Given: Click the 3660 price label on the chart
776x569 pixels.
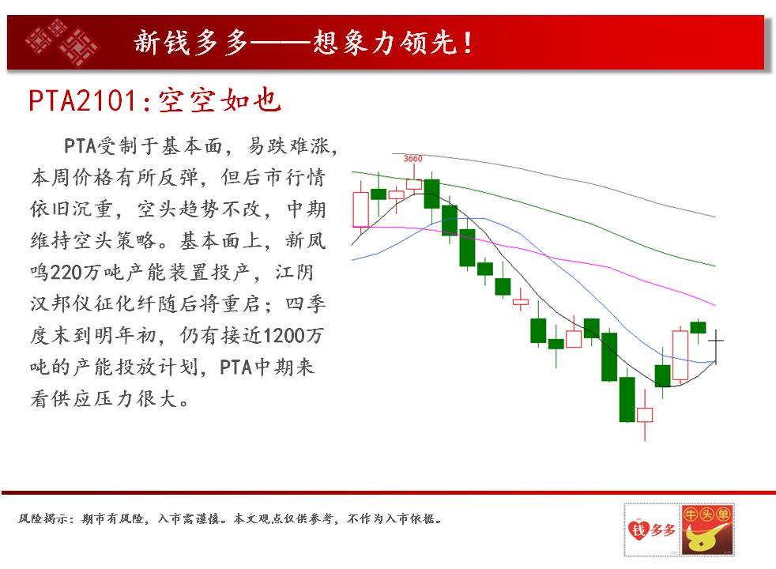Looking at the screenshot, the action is pyautogui.click(x=412, y=158).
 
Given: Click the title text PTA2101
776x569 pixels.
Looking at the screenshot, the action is pyautogui.click(x=82, y=101).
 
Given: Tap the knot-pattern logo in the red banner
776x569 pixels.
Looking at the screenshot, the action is pyautogui.click(x=62, y=42).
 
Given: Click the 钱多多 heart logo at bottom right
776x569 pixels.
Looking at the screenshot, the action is pyautogui.click(x=652, y=530).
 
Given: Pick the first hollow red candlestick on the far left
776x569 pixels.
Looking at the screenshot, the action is pyautogui.click(x=361, y=209).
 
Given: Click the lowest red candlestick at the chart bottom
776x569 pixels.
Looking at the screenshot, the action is pyautogui.click(x=645, y=415).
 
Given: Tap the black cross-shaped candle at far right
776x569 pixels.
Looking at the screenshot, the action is pyautogui.click(x=716, y=341).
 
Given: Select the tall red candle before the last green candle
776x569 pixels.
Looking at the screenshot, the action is pyautogui.click(x=680, y=355).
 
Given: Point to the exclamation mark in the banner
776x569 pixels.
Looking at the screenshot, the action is pyautogui.click(x=467, y=42).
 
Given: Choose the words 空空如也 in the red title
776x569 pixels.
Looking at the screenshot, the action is pyautogui.click(x=220, y=101).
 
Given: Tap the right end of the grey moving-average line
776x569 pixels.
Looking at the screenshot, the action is pyautogui.click(x=715, y=217).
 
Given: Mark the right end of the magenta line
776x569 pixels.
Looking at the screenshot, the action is pyautogui.click(x=715, y=305).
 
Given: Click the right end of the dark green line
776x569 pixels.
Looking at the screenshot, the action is pyautogui.click(x=715, y=266).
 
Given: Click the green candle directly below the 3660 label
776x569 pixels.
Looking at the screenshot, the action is pyautogui.click(x=431, y=194).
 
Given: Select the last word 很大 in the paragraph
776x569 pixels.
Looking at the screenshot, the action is pyautogui.click(x=157, y=399).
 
